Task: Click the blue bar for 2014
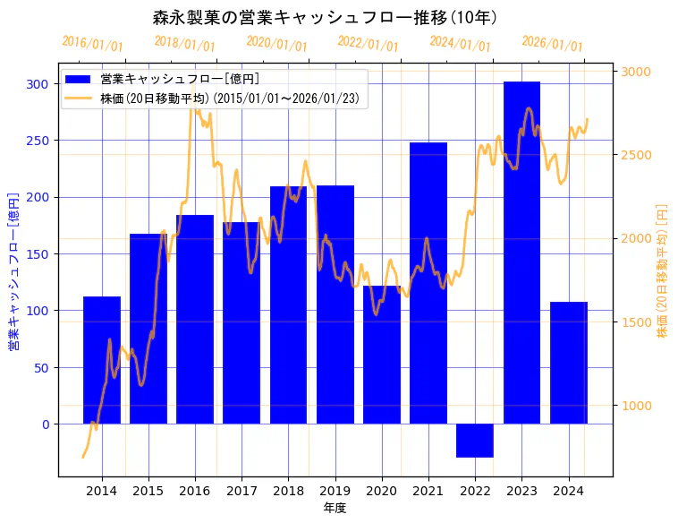click(x=102, y=360)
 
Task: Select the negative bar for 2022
click(x=475, y=441)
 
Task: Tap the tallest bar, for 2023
click(x=521, y=253)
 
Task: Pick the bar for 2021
click(x=428, y=283)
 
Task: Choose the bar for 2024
click(x=569, y=363)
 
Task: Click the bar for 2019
click(x=335, y=304)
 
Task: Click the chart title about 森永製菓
click(x=326, y=18)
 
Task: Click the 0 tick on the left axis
click(x=47, y=424)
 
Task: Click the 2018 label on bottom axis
click(x=288, y=490)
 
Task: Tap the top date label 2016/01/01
click(x=93, y=44)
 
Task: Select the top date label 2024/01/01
click(x=461, y=44)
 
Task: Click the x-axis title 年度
click(x=335, y=508)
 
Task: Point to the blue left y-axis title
click(x=13, y=271)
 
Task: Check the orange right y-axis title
click(x=663, y=271)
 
